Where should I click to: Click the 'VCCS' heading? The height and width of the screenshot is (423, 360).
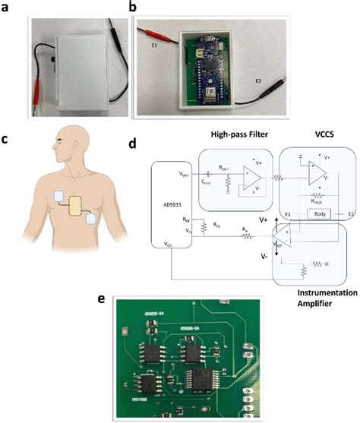(x=317, y=134)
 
